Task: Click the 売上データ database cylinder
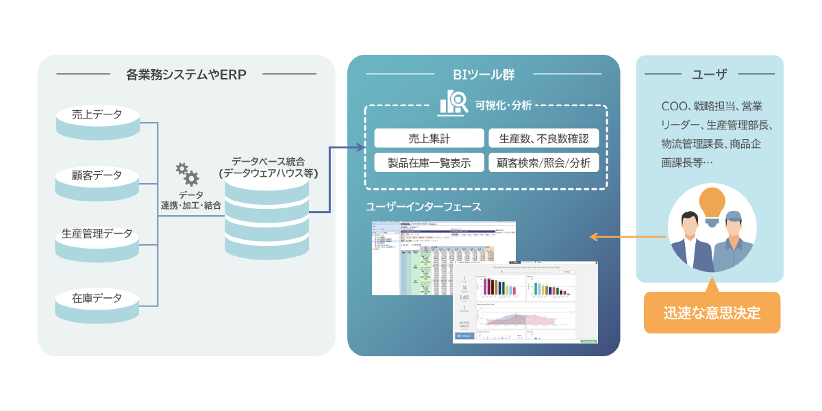[97, 122]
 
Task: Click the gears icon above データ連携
[187, 174]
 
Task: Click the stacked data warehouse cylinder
[267, 219]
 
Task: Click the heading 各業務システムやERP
[186, 74]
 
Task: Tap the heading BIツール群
[484, 74]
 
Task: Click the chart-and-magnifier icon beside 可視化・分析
[453, 103]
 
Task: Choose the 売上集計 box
[429, 138]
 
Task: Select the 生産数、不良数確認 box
[544, 138]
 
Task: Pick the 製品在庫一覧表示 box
[429, 163]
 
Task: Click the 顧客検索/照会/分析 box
[544, 163]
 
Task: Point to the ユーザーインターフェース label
[423, 206]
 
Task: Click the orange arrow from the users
[627, 237]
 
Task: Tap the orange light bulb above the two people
[712, 203]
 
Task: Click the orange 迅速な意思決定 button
[712, 313]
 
